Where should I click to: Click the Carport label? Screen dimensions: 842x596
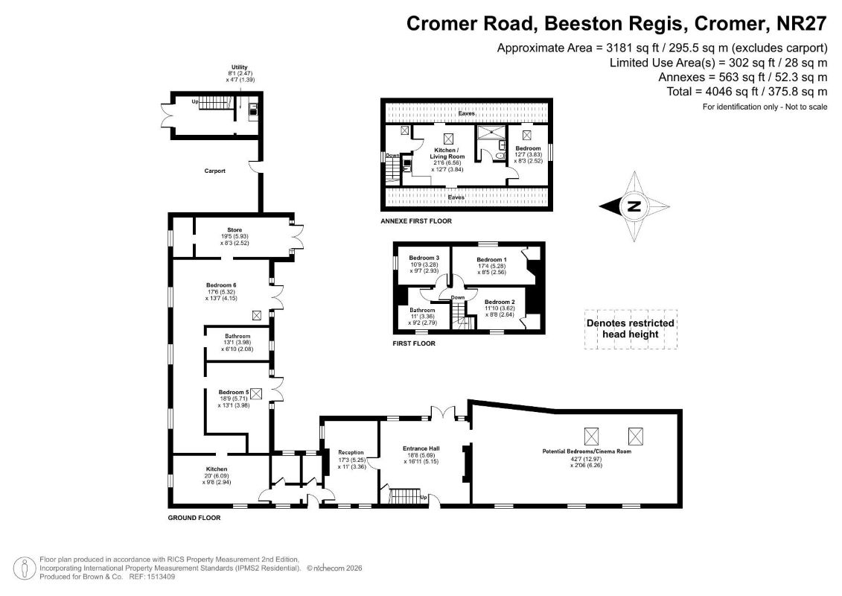coord(215,171)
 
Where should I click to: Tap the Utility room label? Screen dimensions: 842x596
coord(240,67)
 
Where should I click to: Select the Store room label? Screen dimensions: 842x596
coord(235,230)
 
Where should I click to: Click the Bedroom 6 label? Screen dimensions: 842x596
coord(221,285)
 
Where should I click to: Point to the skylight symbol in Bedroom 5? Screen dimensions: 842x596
coord(256,394)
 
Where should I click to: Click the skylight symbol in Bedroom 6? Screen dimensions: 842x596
coord(257,316)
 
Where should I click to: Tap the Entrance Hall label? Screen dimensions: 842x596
coord(421,448)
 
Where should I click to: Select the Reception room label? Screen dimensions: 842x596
coord(351,452)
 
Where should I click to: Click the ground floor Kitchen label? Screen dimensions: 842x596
coord(217,469)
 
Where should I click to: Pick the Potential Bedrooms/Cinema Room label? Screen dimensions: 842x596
coord(587,451)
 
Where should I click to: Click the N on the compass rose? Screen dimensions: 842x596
coord(634,206)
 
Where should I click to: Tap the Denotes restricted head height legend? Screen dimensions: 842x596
coord(631,329)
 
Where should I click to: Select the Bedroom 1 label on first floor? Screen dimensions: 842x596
coord(492,259)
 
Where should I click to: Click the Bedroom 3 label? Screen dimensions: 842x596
coord(424,258)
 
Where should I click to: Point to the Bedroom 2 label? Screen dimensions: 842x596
coord(500,302)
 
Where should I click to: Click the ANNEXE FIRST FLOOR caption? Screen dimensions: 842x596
coord(416,221)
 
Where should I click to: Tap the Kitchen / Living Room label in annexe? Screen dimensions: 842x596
coord(447,153)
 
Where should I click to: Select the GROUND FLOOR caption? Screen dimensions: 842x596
coord(194,518)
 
